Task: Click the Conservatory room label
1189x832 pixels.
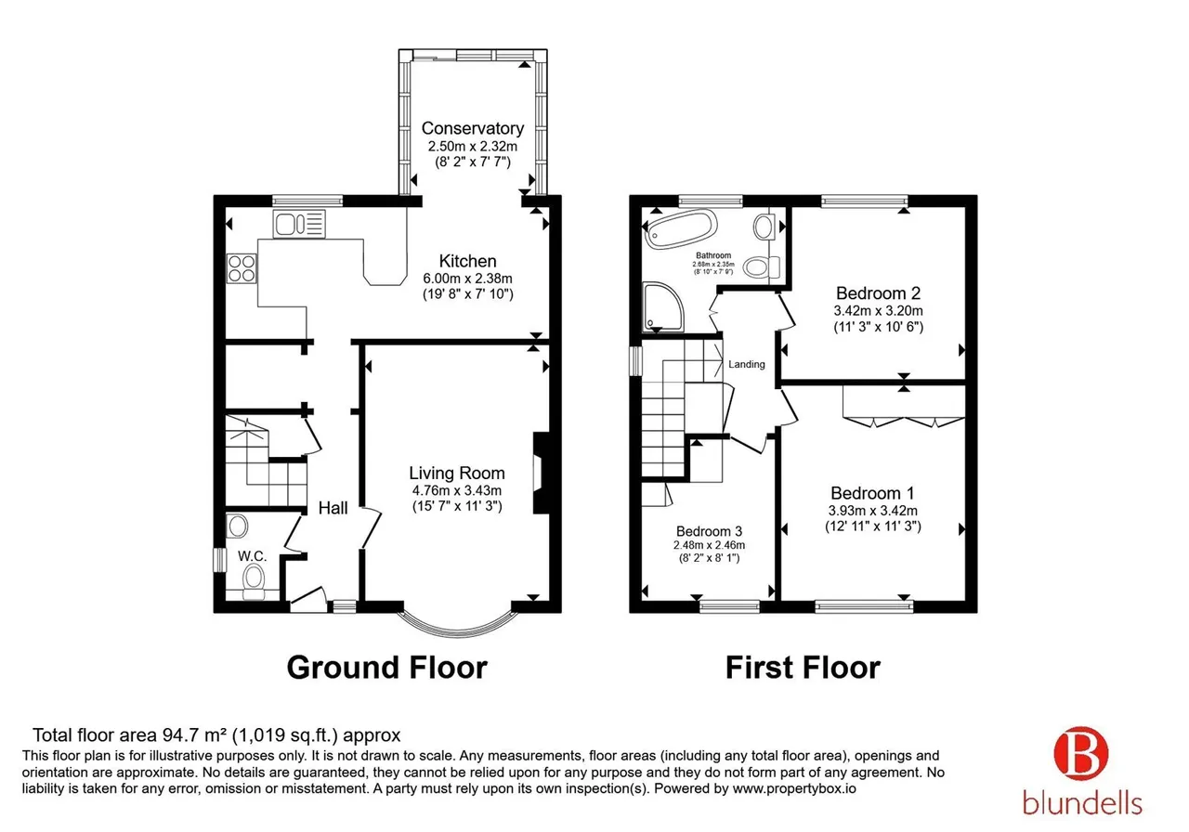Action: (473, 128)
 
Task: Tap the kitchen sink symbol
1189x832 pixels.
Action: (299, 224)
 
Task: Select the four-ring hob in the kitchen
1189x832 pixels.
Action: (242, 268)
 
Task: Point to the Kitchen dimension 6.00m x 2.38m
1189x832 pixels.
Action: (467, 278)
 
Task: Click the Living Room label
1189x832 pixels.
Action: (456, 473)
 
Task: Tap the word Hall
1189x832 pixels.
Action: (333, 508)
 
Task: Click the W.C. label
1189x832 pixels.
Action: (252, 556)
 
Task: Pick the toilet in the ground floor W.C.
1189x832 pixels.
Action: (254, 581)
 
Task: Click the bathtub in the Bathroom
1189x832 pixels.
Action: (682, 228)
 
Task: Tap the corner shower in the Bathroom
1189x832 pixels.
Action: (663, 306)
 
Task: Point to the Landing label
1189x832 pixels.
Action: (746, 364)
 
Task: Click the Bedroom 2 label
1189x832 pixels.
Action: (878, 292)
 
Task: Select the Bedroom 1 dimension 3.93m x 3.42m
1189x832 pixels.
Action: (872, 511)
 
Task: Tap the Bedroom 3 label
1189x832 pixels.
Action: (709, 531)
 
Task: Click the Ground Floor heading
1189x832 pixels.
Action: (387, 668)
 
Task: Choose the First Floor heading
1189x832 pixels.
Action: (803, 668)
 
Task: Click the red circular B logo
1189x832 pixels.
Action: (1080, 754)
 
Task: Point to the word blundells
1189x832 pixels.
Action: (1082, 802)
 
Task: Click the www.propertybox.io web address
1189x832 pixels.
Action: (794, 788)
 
